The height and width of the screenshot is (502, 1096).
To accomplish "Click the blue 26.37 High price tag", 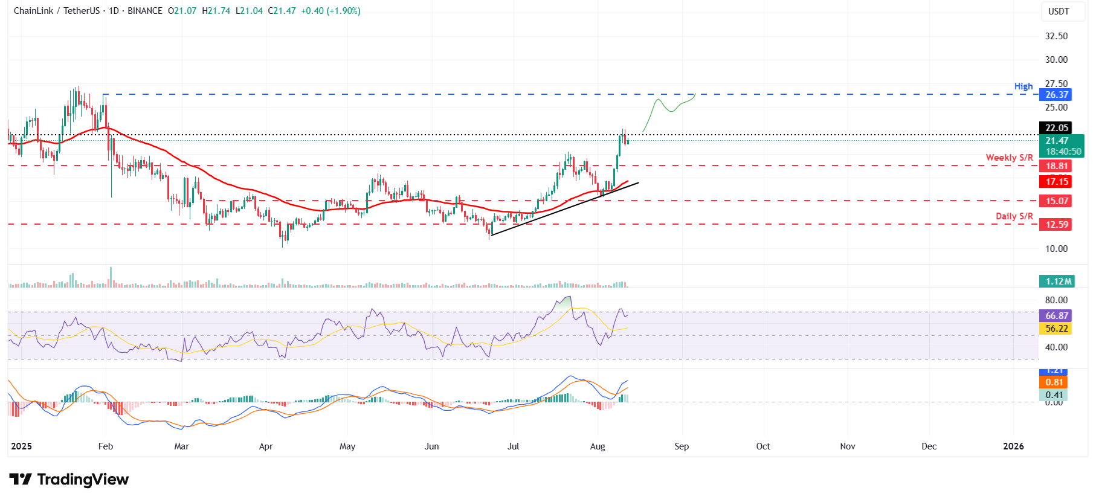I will click(x=1056, y=95).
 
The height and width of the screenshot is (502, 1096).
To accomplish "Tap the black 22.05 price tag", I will click(x=1056, y=127).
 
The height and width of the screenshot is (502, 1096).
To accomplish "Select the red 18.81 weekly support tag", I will click(x=1056, y=166).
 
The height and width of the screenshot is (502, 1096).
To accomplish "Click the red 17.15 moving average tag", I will click(x=1056, y=181).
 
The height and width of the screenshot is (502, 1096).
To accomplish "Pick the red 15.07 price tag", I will click(x=1056, y=201).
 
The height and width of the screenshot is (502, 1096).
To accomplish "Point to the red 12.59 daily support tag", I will click(x=1056, y=225).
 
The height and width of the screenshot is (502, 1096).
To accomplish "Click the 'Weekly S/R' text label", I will click(x=1009, y=158).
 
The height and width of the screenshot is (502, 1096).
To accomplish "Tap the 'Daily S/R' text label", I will click(x=1014, y=216).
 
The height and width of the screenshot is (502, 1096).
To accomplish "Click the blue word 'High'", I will click(x=1023, y=86).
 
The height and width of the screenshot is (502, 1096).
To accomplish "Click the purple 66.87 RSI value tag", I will click(x=1056, y=316).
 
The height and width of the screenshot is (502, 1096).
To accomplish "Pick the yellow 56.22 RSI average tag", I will click(x=1056, y=329).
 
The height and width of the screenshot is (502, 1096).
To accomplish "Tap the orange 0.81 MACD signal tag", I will click(x=1054, y=382).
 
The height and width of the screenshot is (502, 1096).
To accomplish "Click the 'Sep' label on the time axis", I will click(x=682, y=446).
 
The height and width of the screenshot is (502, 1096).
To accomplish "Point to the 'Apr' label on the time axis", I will click(x=266, y=446).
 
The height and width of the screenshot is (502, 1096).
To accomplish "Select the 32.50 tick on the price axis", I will click(x=1056, y=36).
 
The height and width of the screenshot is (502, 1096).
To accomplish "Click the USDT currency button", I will click(x=1059, y=11).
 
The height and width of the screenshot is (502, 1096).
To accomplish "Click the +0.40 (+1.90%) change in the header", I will click(x=331, y=11).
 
